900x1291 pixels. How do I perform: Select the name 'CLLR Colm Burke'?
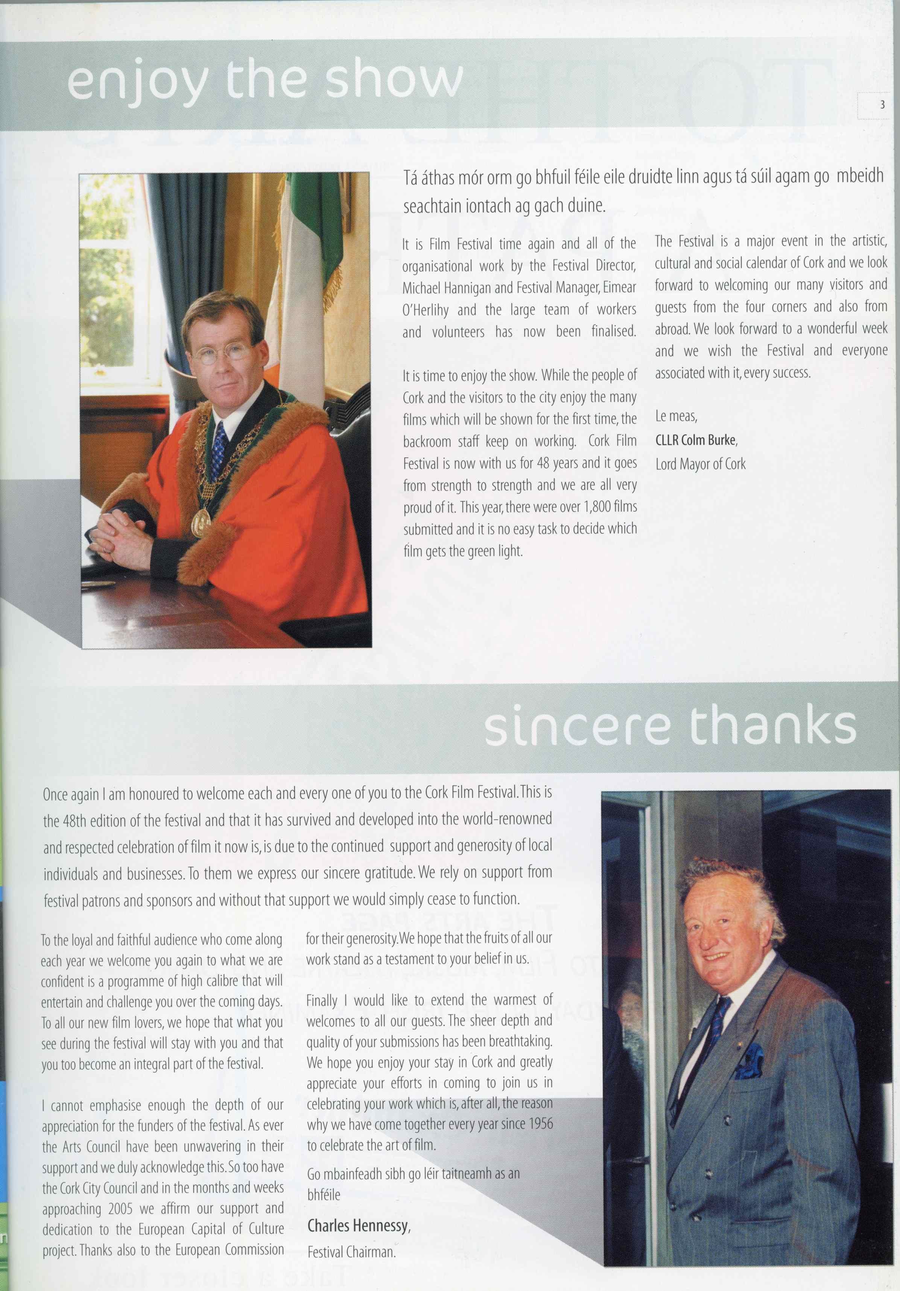[696, 440]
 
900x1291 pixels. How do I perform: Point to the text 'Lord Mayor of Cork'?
[700, 464]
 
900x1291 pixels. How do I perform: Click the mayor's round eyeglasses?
[221, 352]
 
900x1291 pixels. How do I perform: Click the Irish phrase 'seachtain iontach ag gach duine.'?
[505, 206]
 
